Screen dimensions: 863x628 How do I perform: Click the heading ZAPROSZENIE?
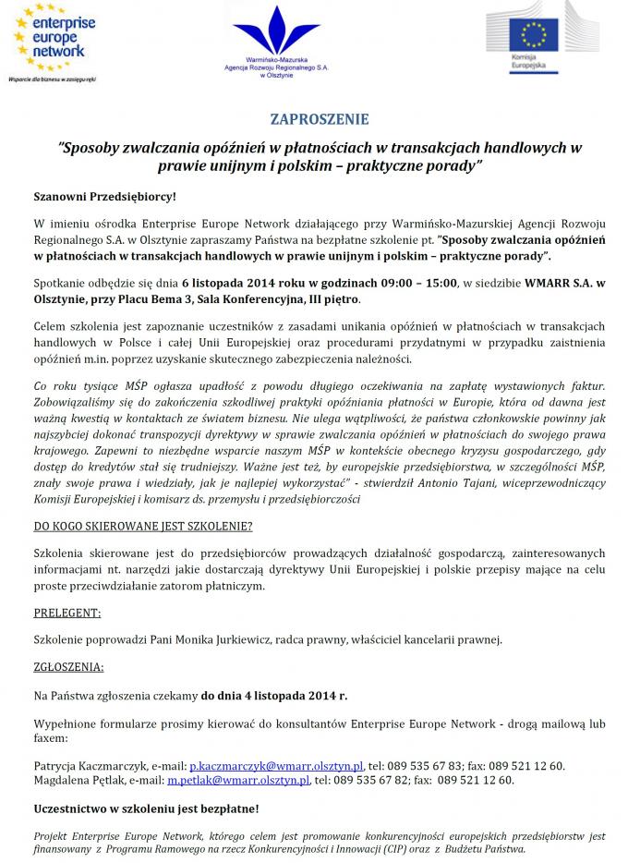click(320, 119)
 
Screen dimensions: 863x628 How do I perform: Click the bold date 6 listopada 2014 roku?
click(240, 282)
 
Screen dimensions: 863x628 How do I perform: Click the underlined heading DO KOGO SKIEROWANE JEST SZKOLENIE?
click(142, 526)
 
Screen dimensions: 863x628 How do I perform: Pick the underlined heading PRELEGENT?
click(67, 613)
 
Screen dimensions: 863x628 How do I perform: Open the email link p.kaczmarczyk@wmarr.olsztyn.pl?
click(275, 766)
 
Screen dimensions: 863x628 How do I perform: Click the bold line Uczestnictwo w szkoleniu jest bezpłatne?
click(146, 808)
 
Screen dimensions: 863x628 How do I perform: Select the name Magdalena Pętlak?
click(78, 780)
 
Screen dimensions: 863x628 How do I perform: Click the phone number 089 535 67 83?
click(423, 766)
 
